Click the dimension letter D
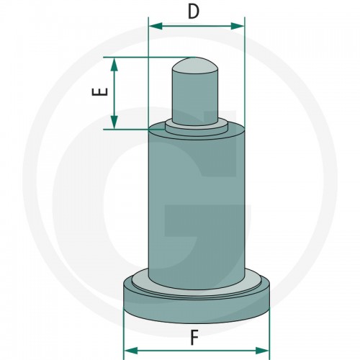click(x=194, y=12)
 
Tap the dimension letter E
click(x=99, y=92)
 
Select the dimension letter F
click(x=194, y=338)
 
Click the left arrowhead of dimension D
click(x=156, y=26)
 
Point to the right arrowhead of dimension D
click(x=238, y=26)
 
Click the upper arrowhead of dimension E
click(x=114, y=65)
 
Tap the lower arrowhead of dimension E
click(x=114, y=122)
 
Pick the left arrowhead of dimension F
click(x=131, y=351)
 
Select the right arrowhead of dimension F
click(x=262, y=351)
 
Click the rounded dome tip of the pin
click(x=195, y=66)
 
